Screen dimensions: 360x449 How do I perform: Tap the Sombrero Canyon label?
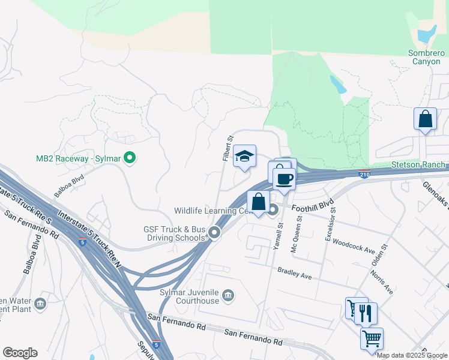pos(426,57)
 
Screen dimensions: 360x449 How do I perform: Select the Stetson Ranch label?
pos(418,164)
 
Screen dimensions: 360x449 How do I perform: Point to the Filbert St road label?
pos(228,148)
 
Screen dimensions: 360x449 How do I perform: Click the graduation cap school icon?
pos(244,157)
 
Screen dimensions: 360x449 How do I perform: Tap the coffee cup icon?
pos(285,179)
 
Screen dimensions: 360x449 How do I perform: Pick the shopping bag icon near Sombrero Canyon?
pos(425,119)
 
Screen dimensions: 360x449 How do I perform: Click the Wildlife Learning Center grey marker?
pos(273,210)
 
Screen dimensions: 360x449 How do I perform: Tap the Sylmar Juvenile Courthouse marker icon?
pos(229,295)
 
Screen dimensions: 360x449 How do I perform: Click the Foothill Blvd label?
pos(312,208)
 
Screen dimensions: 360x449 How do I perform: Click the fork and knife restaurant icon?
pos(365,313)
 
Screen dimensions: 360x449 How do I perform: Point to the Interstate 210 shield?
pos(364,174)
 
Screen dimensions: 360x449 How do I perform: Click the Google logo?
pos(20,353)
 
